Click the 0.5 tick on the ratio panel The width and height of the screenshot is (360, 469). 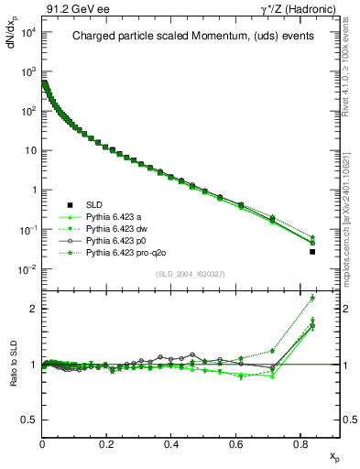point(29,420)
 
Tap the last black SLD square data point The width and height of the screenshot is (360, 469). point(312,251)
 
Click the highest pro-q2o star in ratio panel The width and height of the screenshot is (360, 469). point(312,298)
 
